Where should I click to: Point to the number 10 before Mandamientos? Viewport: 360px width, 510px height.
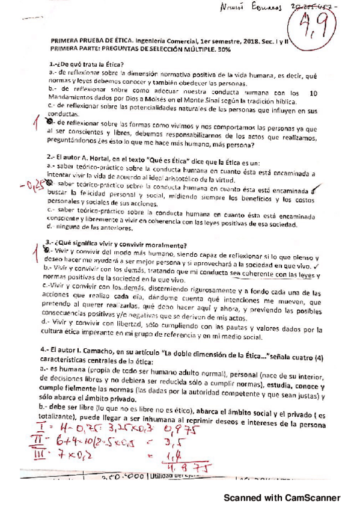click(313, 92)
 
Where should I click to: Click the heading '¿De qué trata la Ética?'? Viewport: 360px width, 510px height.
click(87, 64)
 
